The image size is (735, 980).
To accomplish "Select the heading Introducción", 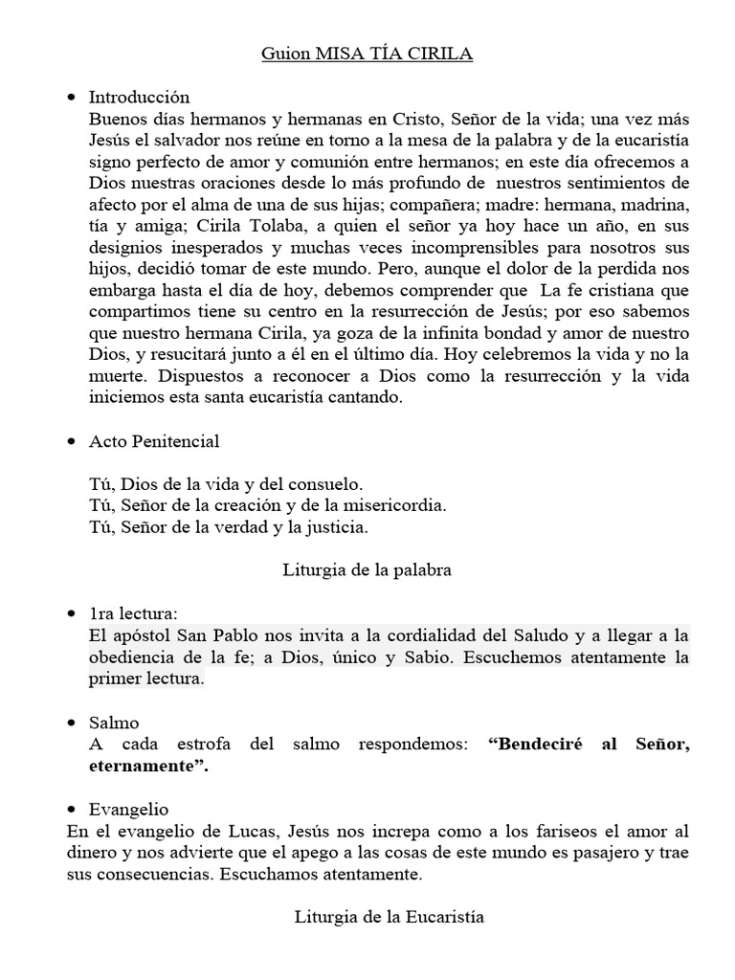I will pos(139,98).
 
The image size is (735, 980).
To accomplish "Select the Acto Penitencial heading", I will pos(154,441).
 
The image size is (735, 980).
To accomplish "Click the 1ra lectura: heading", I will pos(132,613).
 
